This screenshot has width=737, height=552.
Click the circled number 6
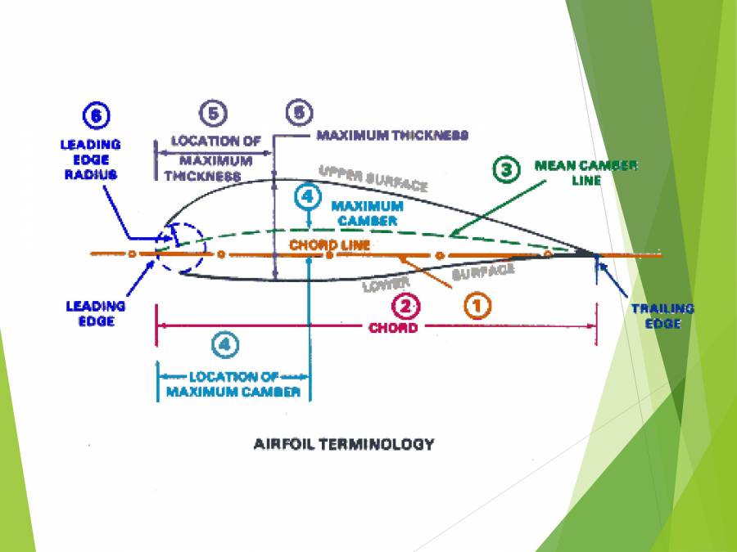click(96, 117)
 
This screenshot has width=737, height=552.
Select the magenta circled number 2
click(406, 306)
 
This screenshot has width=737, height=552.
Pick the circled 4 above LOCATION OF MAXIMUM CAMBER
click(225, 345)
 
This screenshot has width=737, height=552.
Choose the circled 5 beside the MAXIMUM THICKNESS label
click(298, 112)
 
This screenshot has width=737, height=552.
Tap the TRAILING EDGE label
click(662, 316)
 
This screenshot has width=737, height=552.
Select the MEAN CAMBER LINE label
click(586, 172)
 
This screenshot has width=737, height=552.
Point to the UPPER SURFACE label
click(373, 178)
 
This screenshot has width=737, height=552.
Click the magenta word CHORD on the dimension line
click(393, 328)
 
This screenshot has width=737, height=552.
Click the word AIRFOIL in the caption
click(284, 445)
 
